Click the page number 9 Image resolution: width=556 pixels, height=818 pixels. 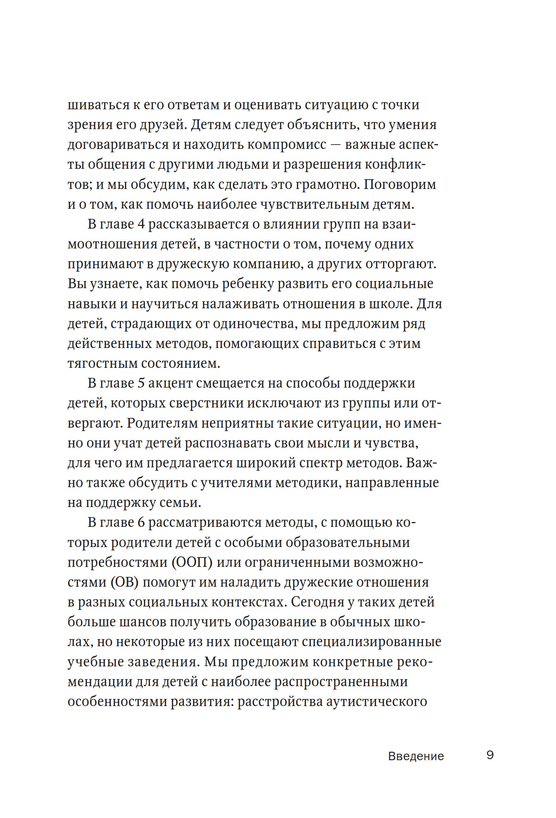tap(490, 755)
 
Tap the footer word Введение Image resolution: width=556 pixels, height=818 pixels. tap(415, 756)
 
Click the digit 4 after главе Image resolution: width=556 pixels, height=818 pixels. tap(141, 224)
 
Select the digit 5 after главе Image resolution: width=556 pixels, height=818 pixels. tap(141, 383)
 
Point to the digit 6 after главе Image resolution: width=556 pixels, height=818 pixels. tap(141, 522)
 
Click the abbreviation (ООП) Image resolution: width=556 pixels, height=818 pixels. tap(192, 562)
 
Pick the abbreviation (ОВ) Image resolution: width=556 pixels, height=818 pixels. tap(125, 582)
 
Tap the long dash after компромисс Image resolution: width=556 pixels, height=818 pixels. tap(336, 145)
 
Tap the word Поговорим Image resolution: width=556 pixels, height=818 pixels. tap(400, 185)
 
